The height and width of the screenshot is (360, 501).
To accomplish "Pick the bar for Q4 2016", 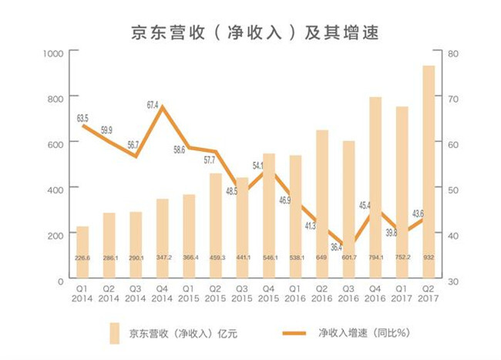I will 375,189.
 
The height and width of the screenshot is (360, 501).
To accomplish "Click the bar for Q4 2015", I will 269,217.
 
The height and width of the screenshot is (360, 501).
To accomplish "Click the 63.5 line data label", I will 82,118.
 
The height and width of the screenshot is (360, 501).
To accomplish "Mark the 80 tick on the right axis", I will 452,52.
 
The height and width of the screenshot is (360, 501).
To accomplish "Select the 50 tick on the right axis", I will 452,189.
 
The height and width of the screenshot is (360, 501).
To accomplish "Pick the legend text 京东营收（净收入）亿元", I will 182,333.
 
